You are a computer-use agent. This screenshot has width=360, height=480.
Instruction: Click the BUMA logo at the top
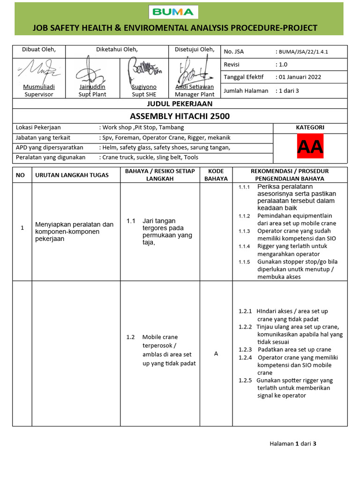[x=173, y=12]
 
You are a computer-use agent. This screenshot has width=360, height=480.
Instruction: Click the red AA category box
[x=310, y=148]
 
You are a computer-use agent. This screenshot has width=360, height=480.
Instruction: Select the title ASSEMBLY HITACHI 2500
[x=180, y=116]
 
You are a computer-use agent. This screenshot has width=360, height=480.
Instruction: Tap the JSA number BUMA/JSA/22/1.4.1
[x=303, y=52]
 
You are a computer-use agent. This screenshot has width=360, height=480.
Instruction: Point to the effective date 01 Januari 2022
[x=300, y=77]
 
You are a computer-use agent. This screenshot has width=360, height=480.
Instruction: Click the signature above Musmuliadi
[x=38, y=71]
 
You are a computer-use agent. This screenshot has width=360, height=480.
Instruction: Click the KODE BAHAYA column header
[x=216, y=175]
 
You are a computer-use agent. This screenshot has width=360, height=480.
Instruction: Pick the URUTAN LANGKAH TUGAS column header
[x=72, y=175]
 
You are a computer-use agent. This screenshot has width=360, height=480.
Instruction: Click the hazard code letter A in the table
[x=216, y=353]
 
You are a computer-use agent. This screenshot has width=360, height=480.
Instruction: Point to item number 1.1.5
[x=244, y=262]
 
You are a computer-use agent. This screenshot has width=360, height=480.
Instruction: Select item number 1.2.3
[x=245, y=350]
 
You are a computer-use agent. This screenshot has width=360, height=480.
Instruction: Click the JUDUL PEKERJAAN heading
[x=180, y=104]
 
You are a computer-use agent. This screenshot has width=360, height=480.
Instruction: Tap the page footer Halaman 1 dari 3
[x=293, y=443]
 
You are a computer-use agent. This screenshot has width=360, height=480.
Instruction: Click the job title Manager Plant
[x=195, y=94]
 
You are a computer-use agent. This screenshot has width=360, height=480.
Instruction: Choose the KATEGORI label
[x=310, y=127]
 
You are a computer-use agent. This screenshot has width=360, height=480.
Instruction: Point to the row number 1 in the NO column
[x=22, y=228]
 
